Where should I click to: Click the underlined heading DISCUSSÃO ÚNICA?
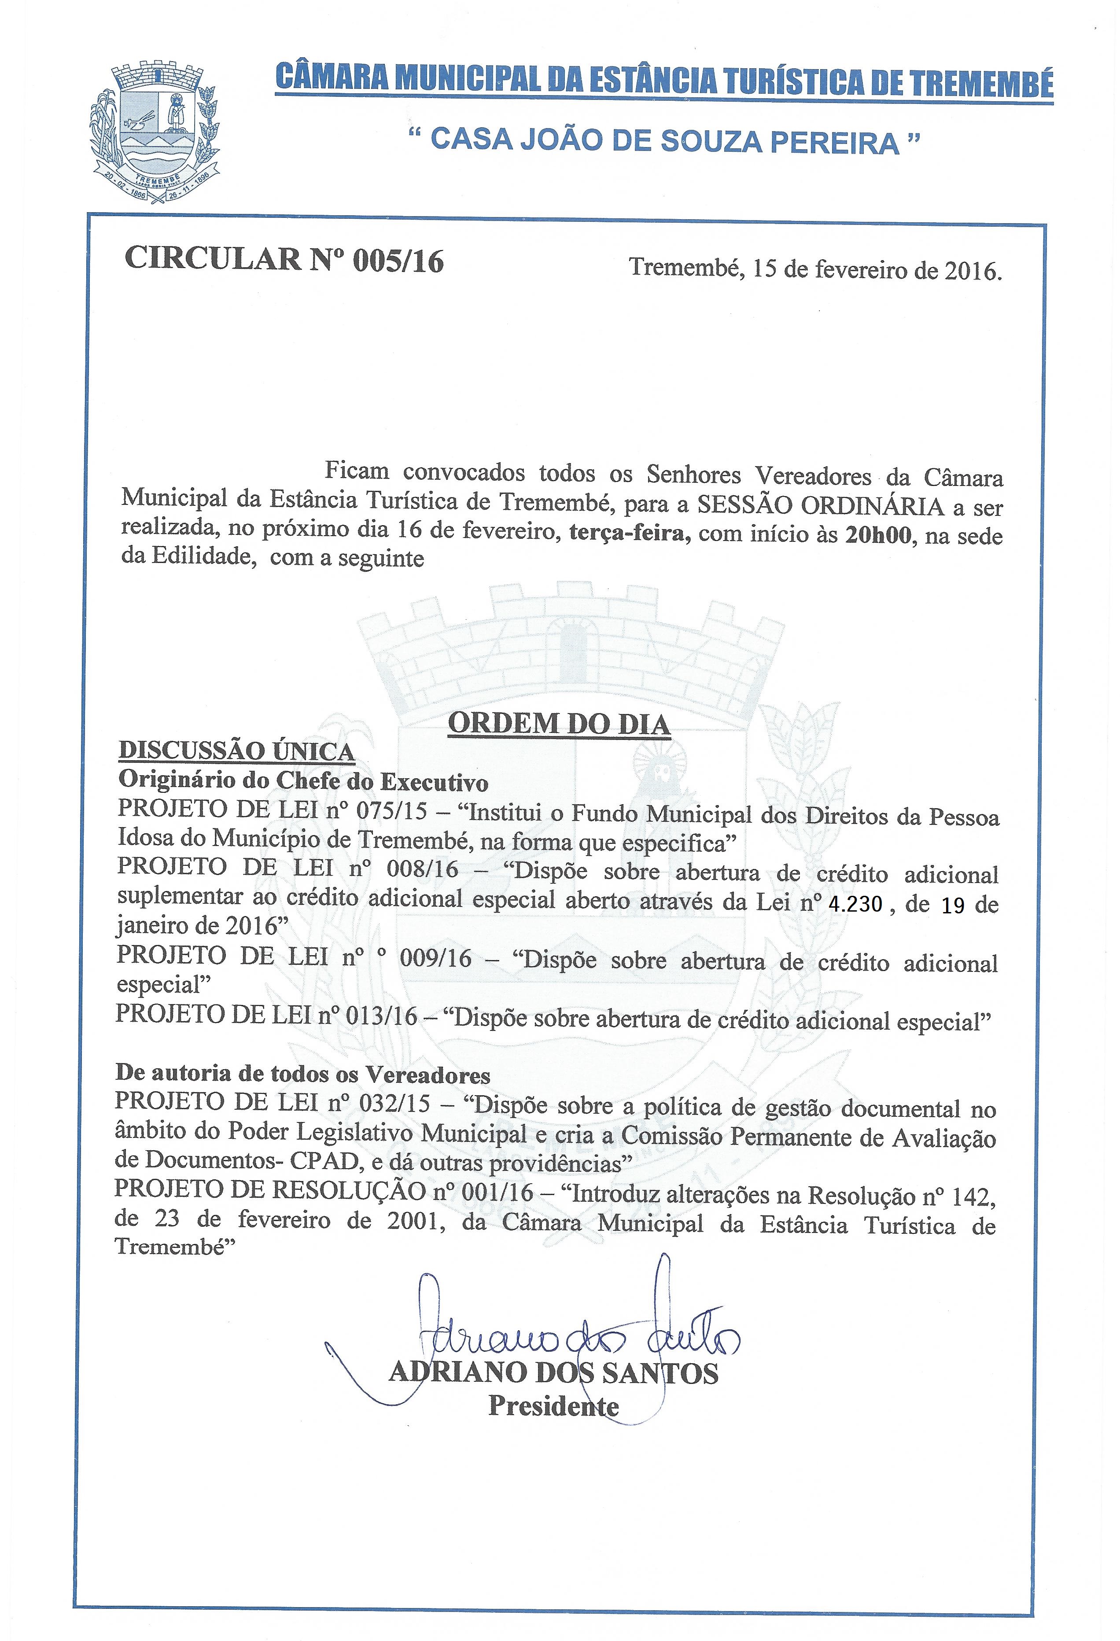[x=236, y=751]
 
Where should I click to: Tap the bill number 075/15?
[x=392, y=811]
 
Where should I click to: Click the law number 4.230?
[x=855, y=904]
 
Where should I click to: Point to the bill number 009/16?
[x=435, y=958]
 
